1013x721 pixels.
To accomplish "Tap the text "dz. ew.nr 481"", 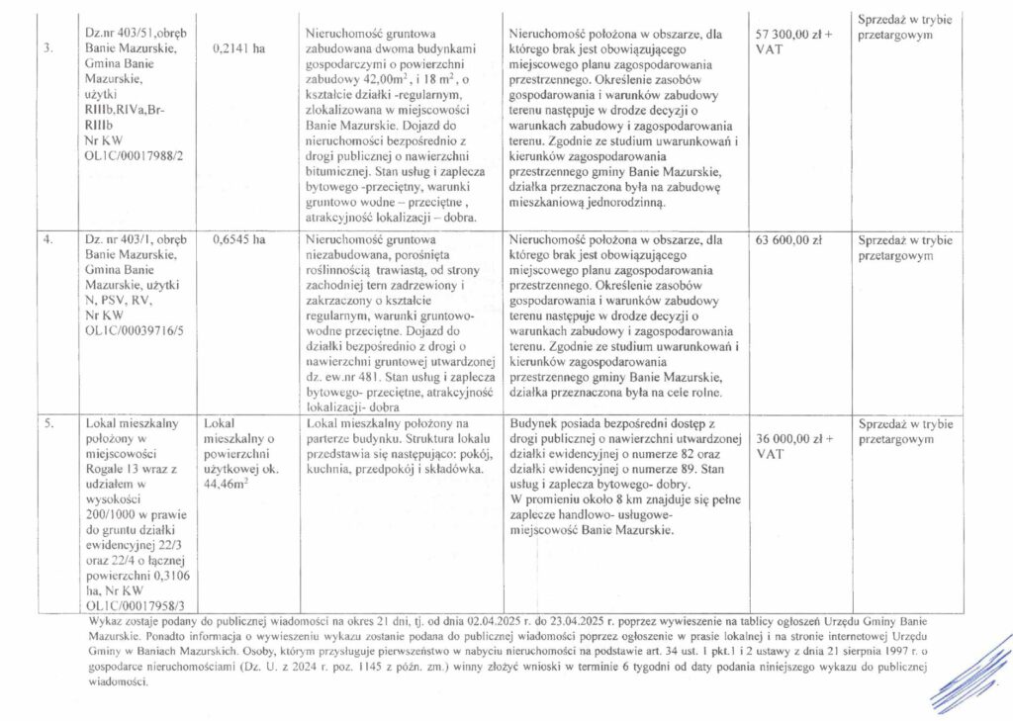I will pos(344,376).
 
